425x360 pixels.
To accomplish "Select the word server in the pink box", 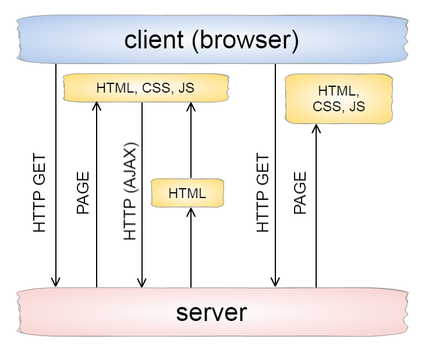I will point(211,313).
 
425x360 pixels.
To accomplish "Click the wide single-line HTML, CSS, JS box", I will point(145,89).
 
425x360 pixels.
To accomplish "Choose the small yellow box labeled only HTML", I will point(187,193).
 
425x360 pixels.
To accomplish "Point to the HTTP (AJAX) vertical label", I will point(131,191).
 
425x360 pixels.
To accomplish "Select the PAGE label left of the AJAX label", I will point(83,193).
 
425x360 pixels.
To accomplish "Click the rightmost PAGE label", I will point(300,193).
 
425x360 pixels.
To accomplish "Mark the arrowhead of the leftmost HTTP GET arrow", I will point(56,283).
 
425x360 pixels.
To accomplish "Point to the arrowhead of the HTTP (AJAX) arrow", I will point(141,283).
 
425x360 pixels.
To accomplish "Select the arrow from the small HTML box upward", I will point(191,140).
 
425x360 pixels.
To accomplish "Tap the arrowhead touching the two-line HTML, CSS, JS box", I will point(316,128).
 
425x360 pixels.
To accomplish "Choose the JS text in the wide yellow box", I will point(186,89).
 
